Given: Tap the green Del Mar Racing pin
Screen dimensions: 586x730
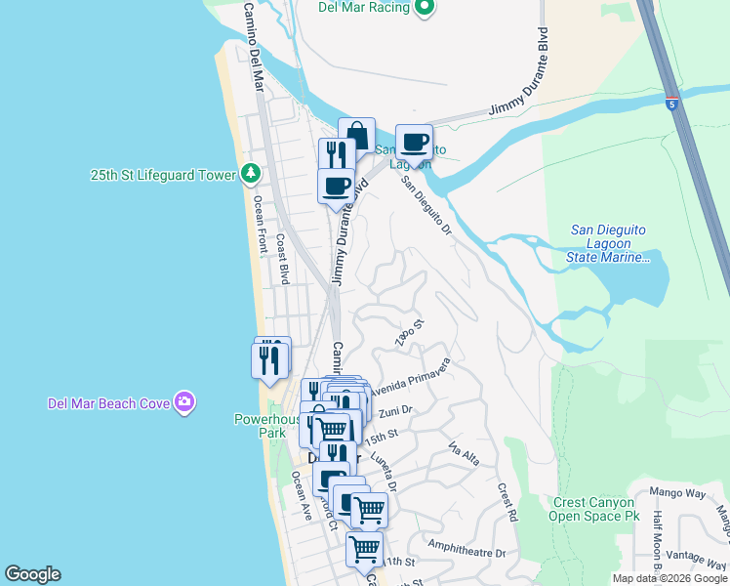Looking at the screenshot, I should click(424, 8).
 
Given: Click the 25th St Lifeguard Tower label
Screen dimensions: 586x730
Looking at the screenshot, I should click(163, 175).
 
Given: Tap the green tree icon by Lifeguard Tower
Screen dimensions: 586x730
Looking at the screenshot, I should click(251, 174).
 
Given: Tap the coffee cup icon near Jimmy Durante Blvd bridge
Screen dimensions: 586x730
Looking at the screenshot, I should click(414, 141).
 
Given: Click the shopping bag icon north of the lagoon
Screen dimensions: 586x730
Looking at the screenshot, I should click(356, 134).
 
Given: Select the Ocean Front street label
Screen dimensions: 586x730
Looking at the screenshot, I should click(260, 226).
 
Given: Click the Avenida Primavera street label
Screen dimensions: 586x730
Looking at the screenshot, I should click(409, 376).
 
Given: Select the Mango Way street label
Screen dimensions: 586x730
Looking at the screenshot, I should click(681, 494).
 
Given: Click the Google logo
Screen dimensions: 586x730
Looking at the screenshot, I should click(32, 574).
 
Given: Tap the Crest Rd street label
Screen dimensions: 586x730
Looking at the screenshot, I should click(506, 500).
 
